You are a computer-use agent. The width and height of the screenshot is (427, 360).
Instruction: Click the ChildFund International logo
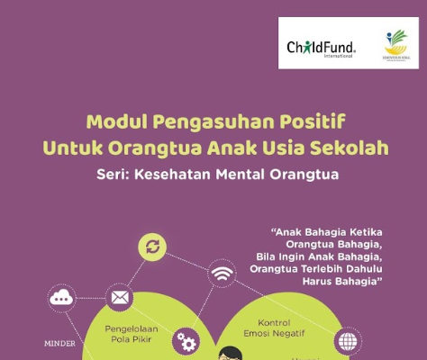(x=321, y=47)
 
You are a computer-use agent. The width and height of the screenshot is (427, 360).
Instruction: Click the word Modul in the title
(x=109, y=121)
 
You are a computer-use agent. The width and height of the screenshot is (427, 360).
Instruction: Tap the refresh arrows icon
(x=152, y=247)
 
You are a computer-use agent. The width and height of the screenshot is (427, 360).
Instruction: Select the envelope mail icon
(x=119, y=297)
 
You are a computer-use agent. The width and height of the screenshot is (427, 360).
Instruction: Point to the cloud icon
(x=62, y=297)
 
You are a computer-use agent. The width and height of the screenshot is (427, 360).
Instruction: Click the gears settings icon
(x=186, y=341)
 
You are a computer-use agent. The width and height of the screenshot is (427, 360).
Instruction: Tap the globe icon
(x=347, y=341)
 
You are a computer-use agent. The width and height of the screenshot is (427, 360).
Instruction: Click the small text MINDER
(x=60, y=343)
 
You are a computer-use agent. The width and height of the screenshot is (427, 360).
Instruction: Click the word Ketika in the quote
(x=363, y=230)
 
